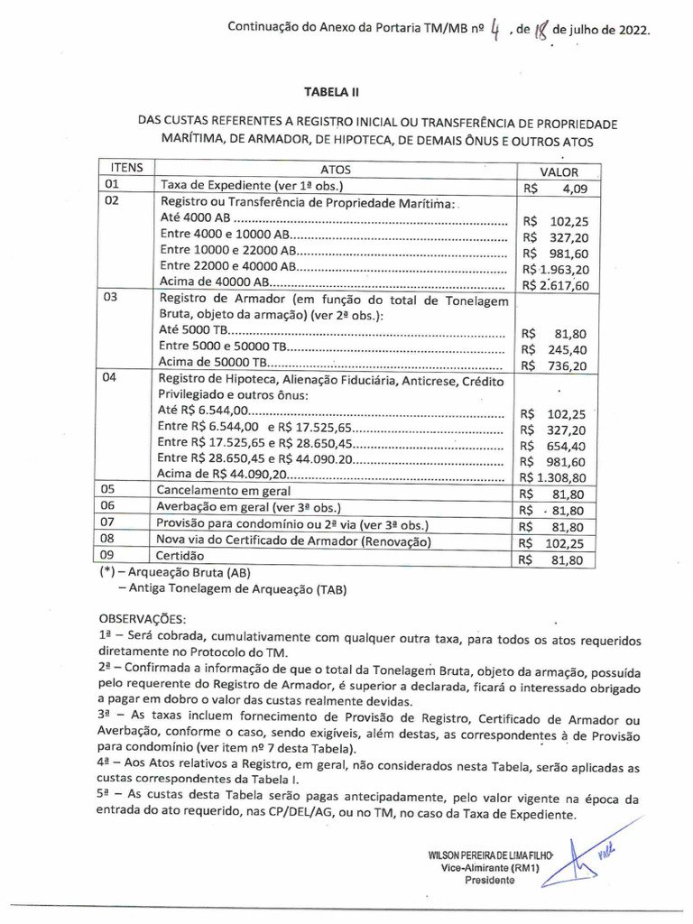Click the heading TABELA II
click(x=332, y=92)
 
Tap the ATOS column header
click(x=336, y=170)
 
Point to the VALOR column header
click(x=559, y=171)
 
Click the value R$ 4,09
click(x=555, y=189)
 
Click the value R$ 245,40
click(x=555, y=349)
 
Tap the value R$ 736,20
click(x=555, y=365)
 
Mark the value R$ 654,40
click(x=555, y=446)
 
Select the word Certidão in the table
click(x=180, y=557)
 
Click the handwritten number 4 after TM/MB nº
click(x=495, y=32)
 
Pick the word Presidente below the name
click(x=490, y=881)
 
